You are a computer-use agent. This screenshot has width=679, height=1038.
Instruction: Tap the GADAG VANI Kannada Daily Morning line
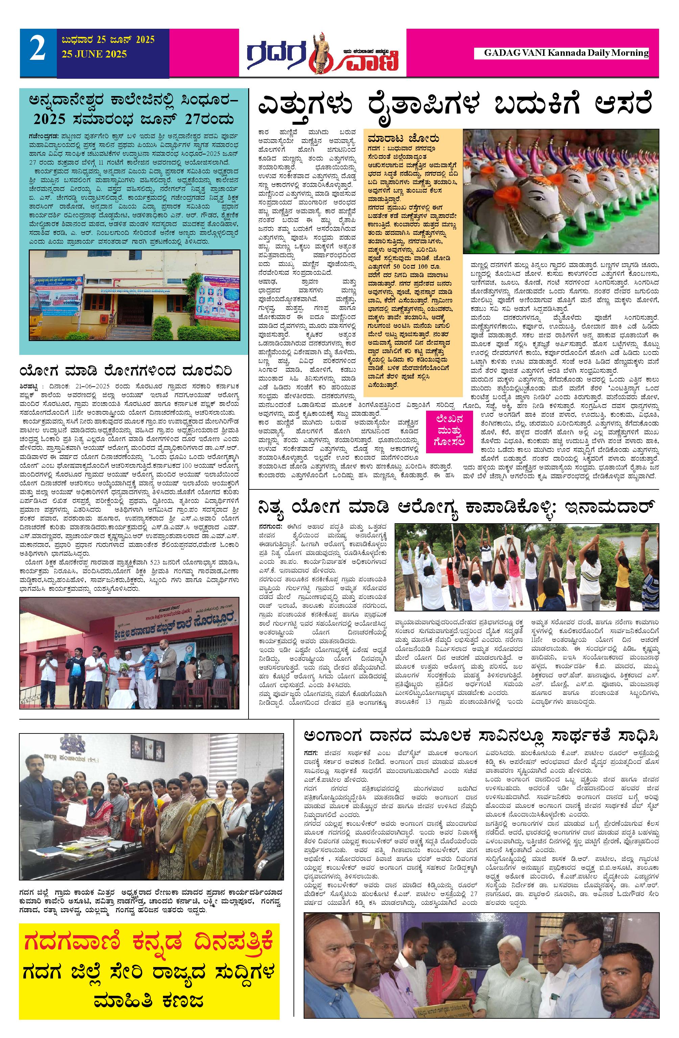566,53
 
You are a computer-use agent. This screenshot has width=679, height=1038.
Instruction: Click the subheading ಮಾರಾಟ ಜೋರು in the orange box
403,139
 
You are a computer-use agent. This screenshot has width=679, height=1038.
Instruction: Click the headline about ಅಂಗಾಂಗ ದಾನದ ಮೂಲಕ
481,735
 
